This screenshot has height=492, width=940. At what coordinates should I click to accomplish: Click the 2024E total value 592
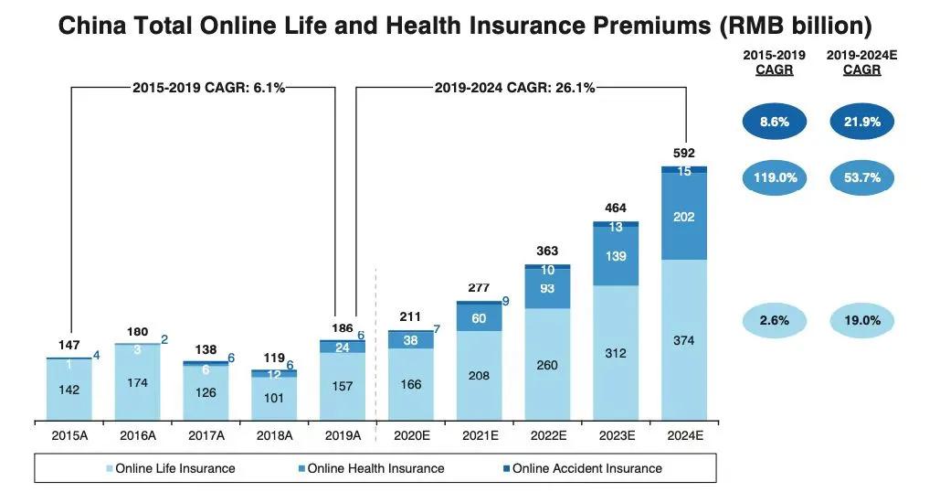point(684,153)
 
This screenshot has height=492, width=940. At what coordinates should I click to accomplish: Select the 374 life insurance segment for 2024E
point(684,341)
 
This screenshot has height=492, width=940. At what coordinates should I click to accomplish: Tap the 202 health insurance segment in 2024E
point(684,217)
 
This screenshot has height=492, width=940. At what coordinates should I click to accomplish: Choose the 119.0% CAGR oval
point(776,177)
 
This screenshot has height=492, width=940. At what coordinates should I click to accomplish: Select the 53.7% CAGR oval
point(862,177)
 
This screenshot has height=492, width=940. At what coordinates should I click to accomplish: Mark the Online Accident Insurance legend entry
point(586,468)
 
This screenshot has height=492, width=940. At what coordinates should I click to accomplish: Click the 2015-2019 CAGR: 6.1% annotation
point(208,88)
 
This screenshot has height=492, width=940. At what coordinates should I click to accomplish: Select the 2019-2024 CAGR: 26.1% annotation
point(513,88)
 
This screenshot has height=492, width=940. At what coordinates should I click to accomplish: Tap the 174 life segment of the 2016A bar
point(137,382)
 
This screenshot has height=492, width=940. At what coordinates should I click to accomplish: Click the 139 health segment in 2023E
point(616,257)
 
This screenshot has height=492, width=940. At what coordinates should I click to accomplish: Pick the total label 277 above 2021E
point(479,288)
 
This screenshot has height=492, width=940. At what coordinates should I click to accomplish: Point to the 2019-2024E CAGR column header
point(862,62)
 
